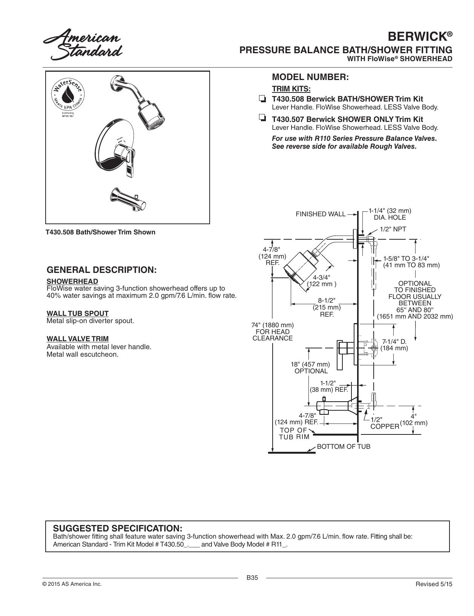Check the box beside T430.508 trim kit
[262, 99]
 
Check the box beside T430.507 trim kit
[262, 118]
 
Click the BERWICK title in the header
[420, 37]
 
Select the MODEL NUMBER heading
[310, 77]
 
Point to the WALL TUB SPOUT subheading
[78, 314]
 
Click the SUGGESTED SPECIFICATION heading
[118, 528]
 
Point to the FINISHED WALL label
[321, 214]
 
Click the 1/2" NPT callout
[393, 229]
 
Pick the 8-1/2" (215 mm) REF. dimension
[327, 307]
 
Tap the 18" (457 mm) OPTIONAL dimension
[311, 368]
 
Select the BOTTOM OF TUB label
[344, 447]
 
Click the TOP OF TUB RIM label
[294, 434]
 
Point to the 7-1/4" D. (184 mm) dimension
[394, 345]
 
